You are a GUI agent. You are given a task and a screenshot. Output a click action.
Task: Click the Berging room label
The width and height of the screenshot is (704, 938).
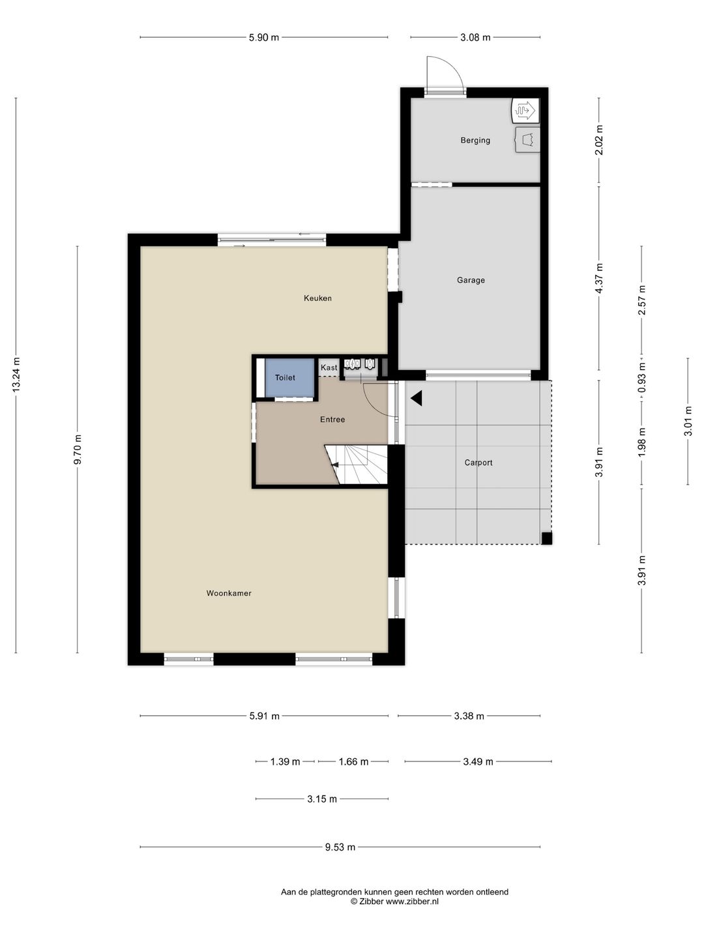click(x=475, y=140)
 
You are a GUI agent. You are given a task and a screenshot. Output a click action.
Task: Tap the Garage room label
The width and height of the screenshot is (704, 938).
click(x=471, y=280)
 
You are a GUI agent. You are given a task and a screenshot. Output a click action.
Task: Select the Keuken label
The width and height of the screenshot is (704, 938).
click(x=317, y=298)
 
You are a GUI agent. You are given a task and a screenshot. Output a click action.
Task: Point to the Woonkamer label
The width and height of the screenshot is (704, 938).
click(x=229, y=593)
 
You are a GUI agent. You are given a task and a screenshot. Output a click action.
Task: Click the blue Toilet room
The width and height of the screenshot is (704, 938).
click(x=289, y=378)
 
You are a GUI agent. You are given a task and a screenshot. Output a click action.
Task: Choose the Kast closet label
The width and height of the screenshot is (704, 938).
click(x=329, y=367)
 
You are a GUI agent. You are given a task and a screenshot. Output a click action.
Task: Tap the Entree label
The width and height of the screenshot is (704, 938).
click(x=332, y=419)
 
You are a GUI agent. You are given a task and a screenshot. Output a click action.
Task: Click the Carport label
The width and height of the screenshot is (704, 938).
click(x=478, y=462)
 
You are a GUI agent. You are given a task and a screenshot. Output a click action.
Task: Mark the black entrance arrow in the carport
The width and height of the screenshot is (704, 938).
click(x=417, y=398)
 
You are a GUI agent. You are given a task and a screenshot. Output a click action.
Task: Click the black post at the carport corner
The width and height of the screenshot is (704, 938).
click(x=547, y=538)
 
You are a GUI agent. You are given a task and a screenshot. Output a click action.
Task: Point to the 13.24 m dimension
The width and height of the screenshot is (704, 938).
click(x=16, y=375)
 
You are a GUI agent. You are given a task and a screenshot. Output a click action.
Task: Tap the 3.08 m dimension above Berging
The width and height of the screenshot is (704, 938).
click(x=475, y=38)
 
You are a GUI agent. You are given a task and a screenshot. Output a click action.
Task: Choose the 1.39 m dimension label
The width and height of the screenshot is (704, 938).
click(x=285, y=761)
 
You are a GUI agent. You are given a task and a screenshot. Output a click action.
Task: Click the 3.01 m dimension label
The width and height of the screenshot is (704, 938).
click(x=688, y=421)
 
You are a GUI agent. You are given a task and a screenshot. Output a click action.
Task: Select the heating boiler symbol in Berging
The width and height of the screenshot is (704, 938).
click(x=526, y=110)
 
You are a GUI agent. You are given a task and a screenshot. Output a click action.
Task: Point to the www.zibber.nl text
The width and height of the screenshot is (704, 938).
click(x=412, y=902)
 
